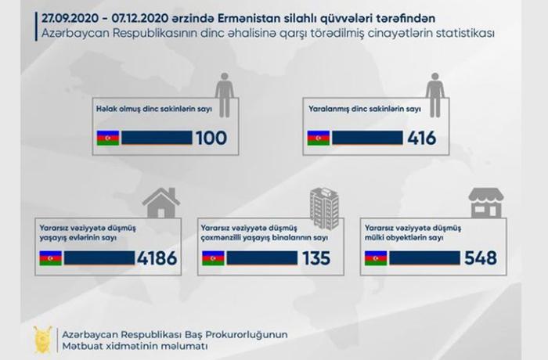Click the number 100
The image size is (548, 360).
coord(211,138)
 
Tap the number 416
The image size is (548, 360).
coord(421,138)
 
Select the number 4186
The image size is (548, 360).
coord(157,258)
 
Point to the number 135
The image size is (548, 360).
coord(316,258)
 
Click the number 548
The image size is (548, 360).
coord(481,258)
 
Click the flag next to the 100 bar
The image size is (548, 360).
coord(108,138)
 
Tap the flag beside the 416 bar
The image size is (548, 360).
coord(319,138)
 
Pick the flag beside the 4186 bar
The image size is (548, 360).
coord(51,258)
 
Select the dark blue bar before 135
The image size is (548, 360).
coord(262,258)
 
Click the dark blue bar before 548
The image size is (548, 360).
coord(424,258)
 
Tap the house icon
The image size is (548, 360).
coord(161,203)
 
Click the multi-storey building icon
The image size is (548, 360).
coord(324,208)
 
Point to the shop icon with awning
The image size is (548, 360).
coord(486,203)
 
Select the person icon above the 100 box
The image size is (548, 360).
coord(225,95)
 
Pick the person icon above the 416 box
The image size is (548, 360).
coord(434,95)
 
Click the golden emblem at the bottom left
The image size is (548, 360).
coord(42,340)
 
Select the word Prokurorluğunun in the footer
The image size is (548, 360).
coord(247,335)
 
